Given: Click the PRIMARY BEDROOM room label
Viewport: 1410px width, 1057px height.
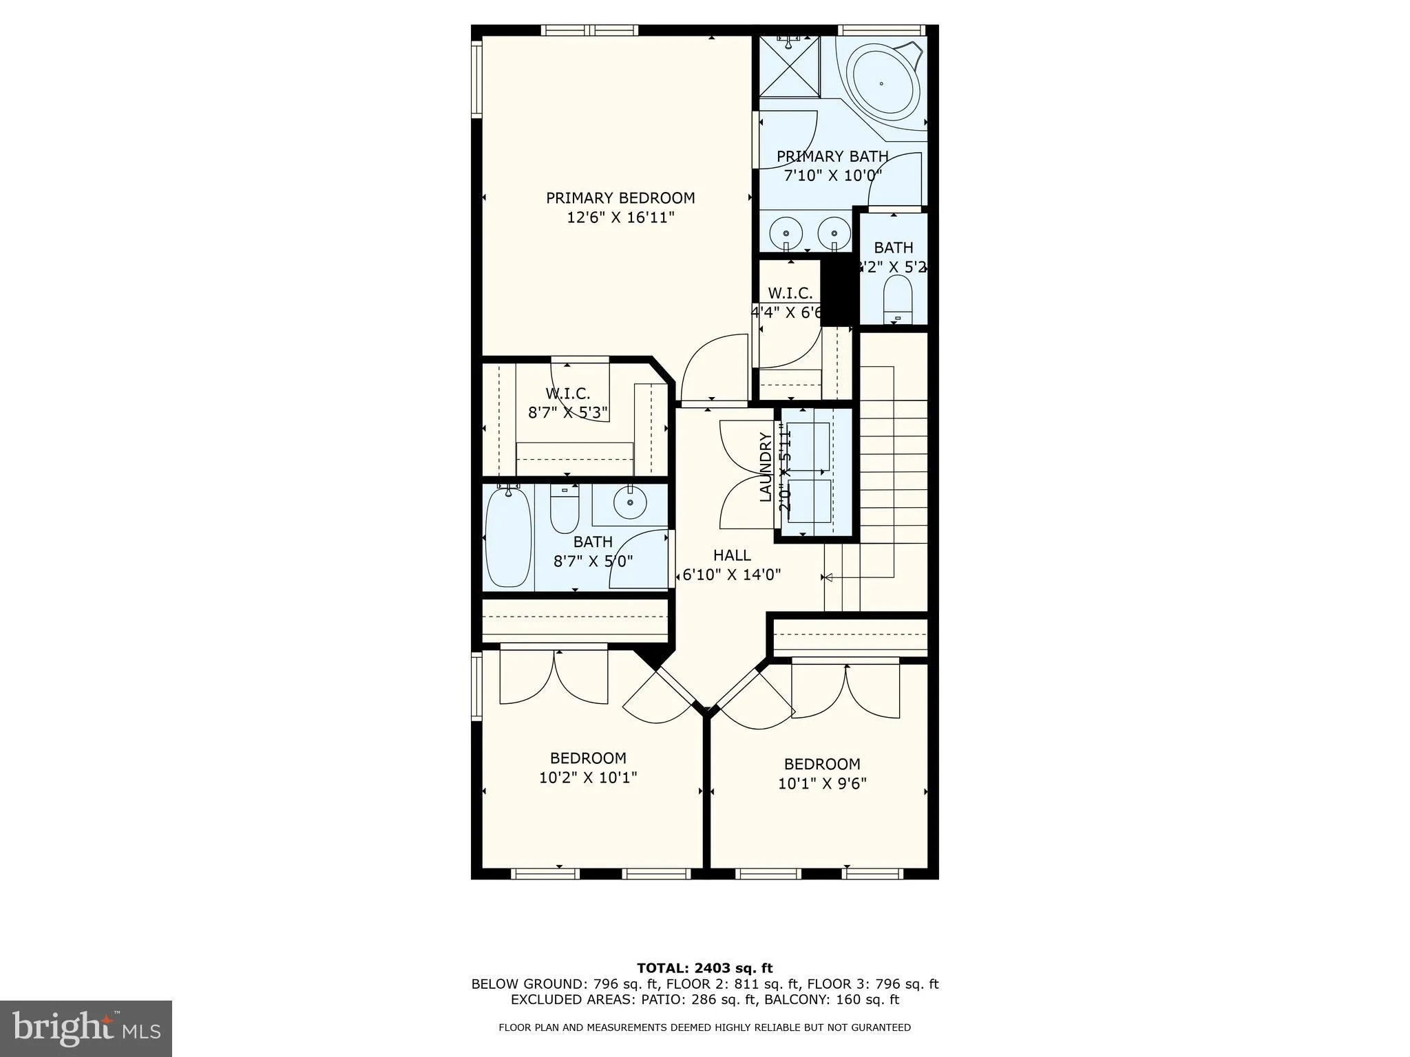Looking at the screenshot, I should pyautogui.click(x=620, y=198).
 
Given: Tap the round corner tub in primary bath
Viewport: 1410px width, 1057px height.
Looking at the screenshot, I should pyautogui.click(x=882, y=83).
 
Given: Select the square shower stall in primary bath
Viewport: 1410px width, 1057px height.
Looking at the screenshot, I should pyautogui.click(x=790, y=67).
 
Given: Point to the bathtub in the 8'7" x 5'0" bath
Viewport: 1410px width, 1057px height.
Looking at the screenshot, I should pyautogui.click(x=508, y=537).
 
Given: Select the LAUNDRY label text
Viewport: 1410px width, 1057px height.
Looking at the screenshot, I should pyautogui.click(x=765, y=467).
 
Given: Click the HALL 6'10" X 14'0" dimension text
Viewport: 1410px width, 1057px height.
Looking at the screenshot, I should pyautogui.click(x=731, y=574).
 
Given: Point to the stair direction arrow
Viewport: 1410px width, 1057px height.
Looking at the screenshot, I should pyautogui.click(x=828, y=577).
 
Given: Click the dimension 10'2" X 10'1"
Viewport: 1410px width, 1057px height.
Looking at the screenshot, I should pyautogui.click(x=588, y=778).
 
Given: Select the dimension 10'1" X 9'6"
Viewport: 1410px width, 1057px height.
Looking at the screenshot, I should pyautogui.click(x=822, y=783).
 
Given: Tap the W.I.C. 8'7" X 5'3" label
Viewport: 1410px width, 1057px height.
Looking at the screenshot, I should pyautogui.click(x=568, y=403).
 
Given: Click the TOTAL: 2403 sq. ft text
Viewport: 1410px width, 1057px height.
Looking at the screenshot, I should pyautogui.click(x=704, y=968).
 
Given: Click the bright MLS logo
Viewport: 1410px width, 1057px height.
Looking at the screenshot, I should pyautogui.click(x=86, y=1029).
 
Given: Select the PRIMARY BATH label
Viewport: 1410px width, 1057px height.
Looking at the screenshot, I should pyautogui.click(x=832, y=157).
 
